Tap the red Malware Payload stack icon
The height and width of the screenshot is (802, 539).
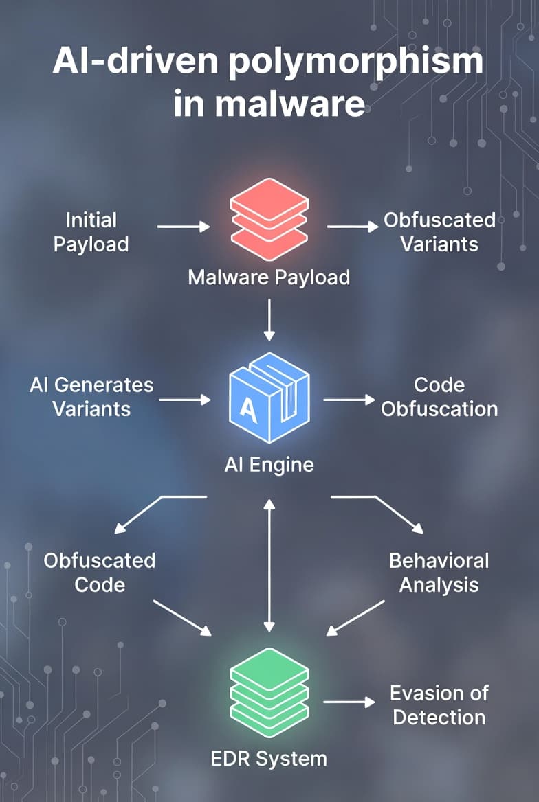point(269,218)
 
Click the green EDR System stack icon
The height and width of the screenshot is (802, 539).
point(269,694)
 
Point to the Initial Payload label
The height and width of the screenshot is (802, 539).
point(91,232)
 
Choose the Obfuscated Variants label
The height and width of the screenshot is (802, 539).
point(439,232)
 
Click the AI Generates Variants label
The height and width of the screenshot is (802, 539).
point(91,397)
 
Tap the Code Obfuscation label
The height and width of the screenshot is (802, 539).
point(439,397)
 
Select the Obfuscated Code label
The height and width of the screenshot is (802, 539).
point(100,573)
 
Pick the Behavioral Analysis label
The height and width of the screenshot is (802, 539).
point(439,573)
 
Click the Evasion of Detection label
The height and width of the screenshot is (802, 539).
point(439,705)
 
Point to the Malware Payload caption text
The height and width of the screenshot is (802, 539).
point(269,277)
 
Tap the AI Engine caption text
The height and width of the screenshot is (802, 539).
point(269,465)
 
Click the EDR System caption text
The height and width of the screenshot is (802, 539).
point(269,759)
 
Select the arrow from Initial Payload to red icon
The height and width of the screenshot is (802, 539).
point(183,226)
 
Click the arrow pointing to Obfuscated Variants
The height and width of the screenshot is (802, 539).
point(352,226)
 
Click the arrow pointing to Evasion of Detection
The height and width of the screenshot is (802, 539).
point(349,702)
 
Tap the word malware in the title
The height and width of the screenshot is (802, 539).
point(289,104)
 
